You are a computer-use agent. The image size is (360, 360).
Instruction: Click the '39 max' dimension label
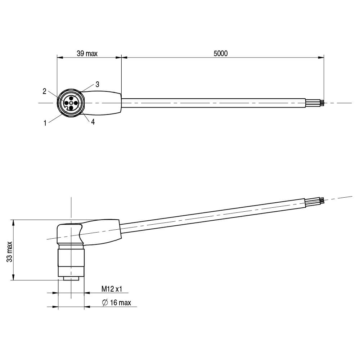pyautogui.click(x=87, y=54)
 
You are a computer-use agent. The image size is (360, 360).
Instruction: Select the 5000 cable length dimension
pyautogui.click(x=221, y=54)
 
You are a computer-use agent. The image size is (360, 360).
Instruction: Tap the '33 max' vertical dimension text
pyautogui.click(x=10, y=252)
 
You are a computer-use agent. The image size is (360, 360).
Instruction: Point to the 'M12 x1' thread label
pyautogui.click(x=112, y=289)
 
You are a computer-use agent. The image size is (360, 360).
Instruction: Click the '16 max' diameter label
pyautogui.click(x=121, y=303)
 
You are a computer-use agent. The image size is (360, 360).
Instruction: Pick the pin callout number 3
pyautogui.click(x=97, y=85)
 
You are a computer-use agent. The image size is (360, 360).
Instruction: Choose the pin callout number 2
pyautogui.click(x=45, y=91)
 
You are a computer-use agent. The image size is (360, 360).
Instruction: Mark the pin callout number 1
pyautogui.click(x=45, y=123)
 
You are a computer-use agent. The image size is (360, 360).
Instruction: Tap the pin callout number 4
pyautogui.click(x=93, y=122)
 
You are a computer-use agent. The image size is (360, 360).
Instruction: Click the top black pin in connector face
pyautogui.click(x=71, y=98)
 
